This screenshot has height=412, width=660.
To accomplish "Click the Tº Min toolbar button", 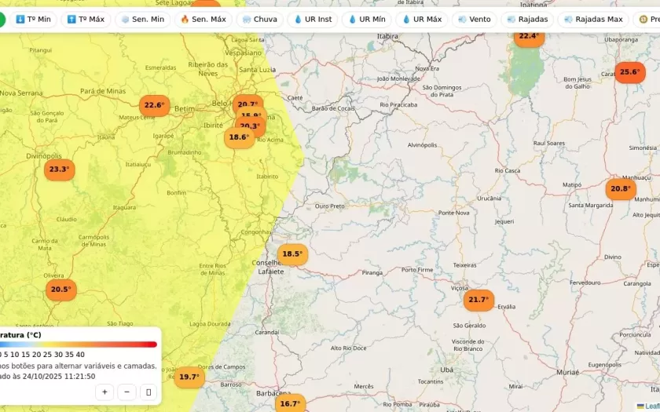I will pos(33,19).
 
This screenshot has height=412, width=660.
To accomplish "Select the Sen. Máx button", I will pos(203,19).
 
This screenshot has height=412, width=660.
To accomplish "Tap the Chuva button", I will pos(258,19).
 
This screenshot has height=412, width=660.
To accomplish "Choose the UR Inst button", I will pos(312,19).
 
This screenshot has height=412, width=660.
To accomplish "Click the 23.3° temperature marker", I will pos(59,170).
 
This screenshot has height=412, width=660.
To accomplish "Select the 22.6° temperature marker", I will pos(154,105).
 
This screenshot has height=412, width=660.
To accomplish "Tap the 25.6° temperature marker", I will pos(629,72).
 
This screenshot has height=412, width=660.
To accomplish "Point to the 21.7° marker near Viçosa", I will pos(478,300).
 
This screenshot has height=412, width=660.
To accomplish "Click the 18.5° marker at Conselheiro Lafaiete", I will pos(292,254).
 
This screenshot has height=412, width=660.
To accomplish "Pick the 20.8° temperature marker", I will pos(621,188).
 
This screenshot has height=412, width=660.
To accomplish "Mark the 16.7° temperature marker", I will pos(290,403).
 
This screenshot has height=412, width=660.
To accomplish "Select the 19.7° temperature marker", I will pos(189,377).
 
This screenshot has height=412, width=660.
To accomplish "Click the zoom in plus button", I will pos(104,392).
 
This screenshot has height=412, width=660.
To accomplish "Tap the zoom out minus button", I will pos(126,392).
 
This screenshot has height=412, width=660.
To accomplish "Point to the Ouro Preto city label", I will pos(329,206).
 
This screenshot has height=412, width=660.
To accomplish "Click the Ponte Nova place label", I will pos(453,213).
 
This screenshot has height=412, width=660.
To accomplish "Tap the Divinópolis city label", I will pos(44,156).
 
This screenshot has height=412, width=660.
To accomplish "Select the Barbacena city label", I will pos(268,392).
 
